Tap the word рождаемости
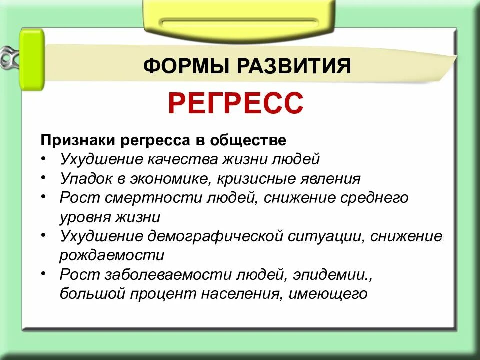112,256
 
